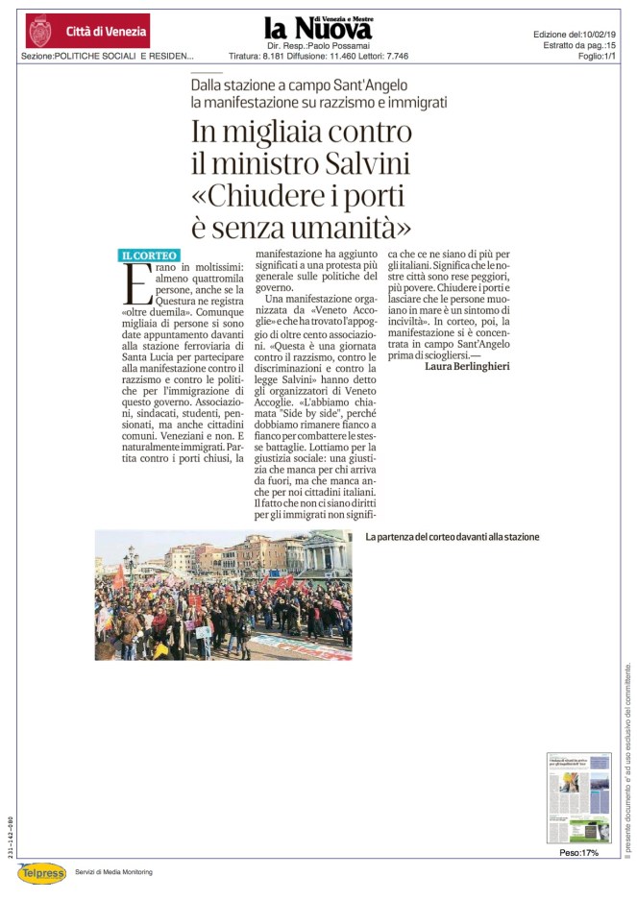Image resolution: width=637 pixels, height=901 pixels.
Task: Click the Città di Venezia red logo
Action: point(87,31)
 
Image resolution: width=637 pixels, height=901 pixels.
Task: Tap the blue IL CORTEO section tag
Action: point(148,256)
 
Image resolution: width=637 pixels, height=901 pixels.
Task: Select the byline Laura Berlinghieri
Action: point(468,365)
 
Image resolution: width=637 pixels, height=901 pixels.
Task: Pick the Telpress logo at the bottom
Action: point(40,872)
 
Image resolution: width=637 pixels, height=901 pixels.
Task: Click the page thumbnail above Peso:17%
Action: point(578,797)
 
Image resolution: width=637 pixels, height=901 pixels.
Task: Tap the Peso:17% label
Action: point(578,852)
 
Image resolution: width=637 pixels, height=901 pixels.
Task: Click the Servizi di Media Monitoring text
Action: point(113,872)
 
